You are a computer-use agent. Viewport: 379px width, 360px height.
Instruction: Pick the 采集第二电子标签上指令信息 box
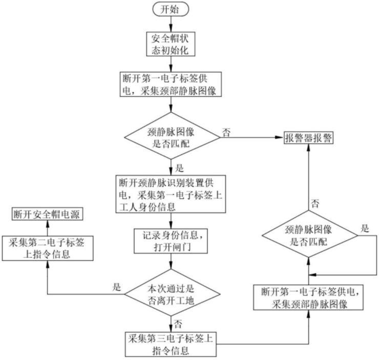[x=47, y=249]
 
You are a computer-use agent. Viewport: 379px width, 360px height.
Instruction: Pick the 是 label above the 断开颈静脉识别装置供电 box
[x=179, y=168]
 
